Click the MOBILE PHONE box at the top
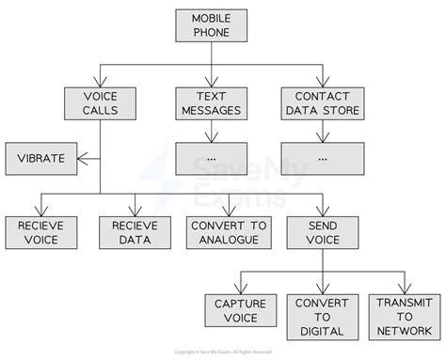pyautogui.click(x=212, y=25)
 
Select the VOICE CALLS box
pyautogui.click(x=101, y=102)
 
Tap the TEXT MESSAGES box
pyautogui.click(x=212, y=102)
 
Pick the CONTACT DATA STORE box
pyautogui.click(x=322, y=102)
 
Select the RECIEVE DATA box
pyautogui.click(x=135, y=233)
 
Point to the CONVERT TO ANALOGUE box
pyautogui.click(x=229, y=233)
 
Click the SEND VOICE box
pyautogui.click(x=322, y=233)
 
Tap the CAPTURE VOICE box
pyautogui.click(x=241, y=310)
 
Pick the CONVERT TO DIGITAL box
pyautogui.click(x=322, y=317)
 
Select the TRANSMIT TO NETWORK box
pyautogui.click(x=403, y=317)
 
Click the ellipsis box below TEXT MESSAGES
pyautogui.click(x=212, y=158)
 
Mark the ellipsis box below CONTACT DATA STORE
pyautogui.click(x=322, y=158)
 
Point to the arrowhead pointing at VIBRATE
pyautogui.click(x=83, y=158)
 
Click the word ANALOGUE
pyautogui.click(x=229, y=241)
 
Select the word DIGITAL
pyautogui.click(x=322, y=330)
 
